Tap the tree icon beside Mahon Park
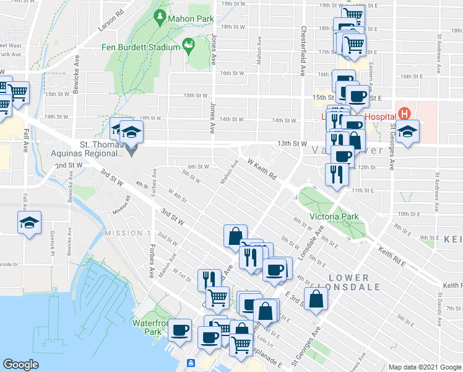pos(160,18)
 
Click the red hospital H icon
pos(405,114)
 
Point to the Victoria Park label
pos(334,217)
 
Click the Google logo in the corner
pos(20,365)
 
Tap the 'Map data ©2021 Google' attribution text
pos(425,367)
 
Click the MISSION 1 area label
pos(127,232)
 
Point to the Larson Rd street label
pos(111,21)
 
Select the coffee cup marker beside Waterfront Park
pos(180,329)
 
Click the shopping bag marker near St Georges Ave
pos(316,298)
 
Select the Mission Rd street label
pos(121,206)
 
